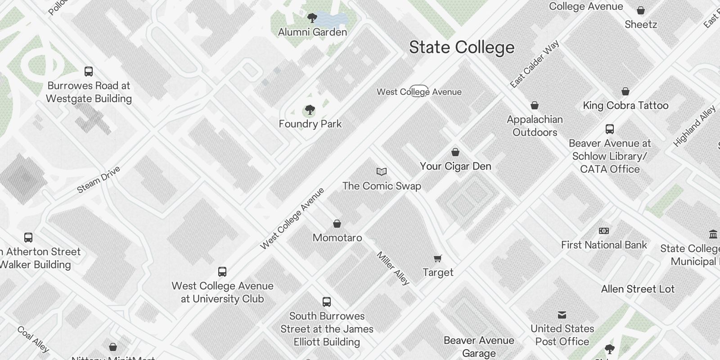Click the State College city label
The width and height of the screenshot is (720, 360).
461,47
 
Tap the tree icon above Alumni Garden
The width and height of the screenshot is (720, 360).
312,18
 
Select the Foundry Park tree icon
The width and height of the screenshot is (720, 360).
310,110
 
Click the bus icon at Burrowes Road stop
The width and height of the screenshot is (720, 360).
89,72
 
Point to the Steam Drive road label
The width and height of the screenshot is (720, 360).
99,180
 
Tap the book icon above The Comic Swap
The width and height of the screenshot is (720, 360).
382,172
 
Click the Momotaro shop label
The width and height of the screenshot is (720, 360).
337,238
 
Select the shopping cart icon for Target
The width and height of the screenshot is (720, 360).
438,258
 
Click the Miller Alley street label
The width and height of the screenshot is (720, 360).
393,268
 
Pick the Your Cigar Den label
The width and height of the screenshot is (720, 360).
455,166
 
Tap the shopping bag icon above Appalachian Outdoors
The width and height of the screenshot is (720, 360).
535,106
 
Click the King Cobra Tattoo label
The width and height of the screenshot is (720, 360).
625,105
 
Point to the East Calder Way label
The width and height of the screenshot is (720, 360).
535,64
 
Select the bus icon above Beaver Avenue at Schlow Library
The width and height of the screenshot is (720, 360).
610,130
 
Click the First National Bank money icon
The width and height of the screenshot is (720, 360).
604,231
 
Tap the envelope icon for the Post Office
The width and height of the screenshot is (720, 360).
562,315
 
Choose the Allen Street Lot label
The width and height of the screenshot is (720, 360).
638,289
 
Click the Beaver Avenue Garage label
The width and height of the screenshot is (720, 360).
479,346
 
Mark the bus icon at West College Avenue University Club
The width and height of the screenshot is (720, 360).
222,272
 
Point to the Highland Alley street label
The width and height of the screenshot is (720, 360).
694,126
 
